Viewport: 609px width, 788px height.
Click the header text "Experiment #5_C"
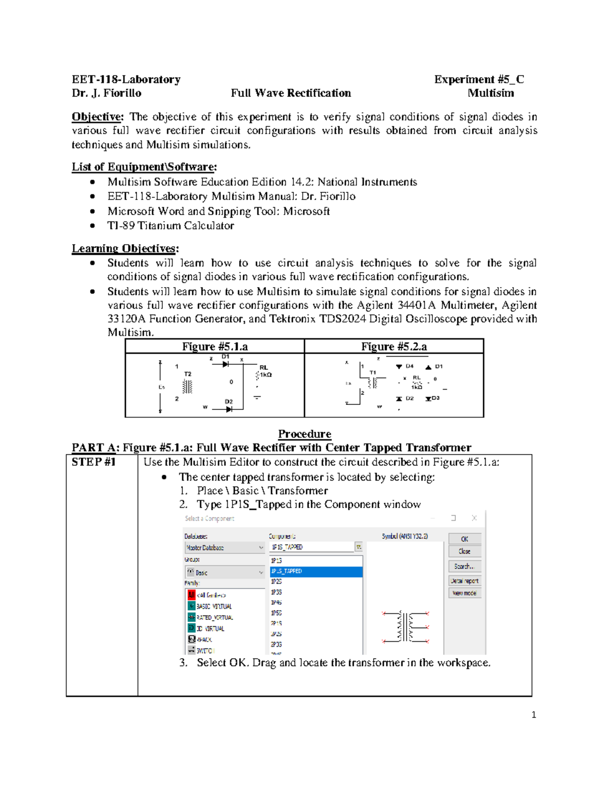(x=479, y=79)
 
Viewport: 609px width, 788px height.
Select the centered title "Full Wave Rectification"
(x=291, y=93)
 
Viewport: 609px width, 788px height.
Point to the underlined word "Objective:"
(x=97, y=117)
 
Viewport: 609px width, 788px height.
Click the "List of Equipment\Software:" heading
(x=144, y=167)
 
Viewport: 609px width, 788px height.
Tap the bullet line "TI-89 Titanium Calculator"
(x=171, y=226)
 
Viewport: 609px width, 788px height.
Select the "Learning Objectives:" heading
(x=125, y=249)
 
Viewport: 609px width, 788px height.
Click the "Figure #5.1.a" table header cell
(x=215, y=347)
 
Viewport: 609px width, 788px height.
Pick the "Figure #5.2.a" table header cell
(x=394, y=347)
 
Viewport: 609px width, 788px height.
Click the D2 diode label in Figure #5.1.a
(x=229, y=401)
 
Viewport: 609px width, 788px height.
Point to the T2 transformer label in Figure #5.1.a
(x=188, y=374)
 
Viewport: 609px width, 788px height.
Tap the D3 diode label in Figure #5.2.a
(x=435, y=398)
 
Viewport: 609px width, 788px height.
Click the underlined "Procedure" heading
(x=304, y=434)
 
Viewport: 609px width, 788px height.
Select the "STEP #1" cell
(x=94, y=462)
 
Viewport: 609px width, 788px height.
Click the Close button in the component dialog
(x=464, y=552)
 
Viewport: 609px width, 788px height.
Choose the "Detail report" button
(x=464, y=580)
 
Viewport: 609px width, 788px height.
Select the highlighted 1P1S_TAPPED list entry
(x=316, y=571)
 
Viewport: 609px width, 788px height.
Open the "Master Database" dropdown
(x=224, y=547)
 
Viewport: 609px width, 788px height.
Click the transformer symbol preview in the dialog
(x=405, y=627)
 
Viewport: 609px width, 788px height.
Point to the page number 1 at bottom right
(x=533, y=715)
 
